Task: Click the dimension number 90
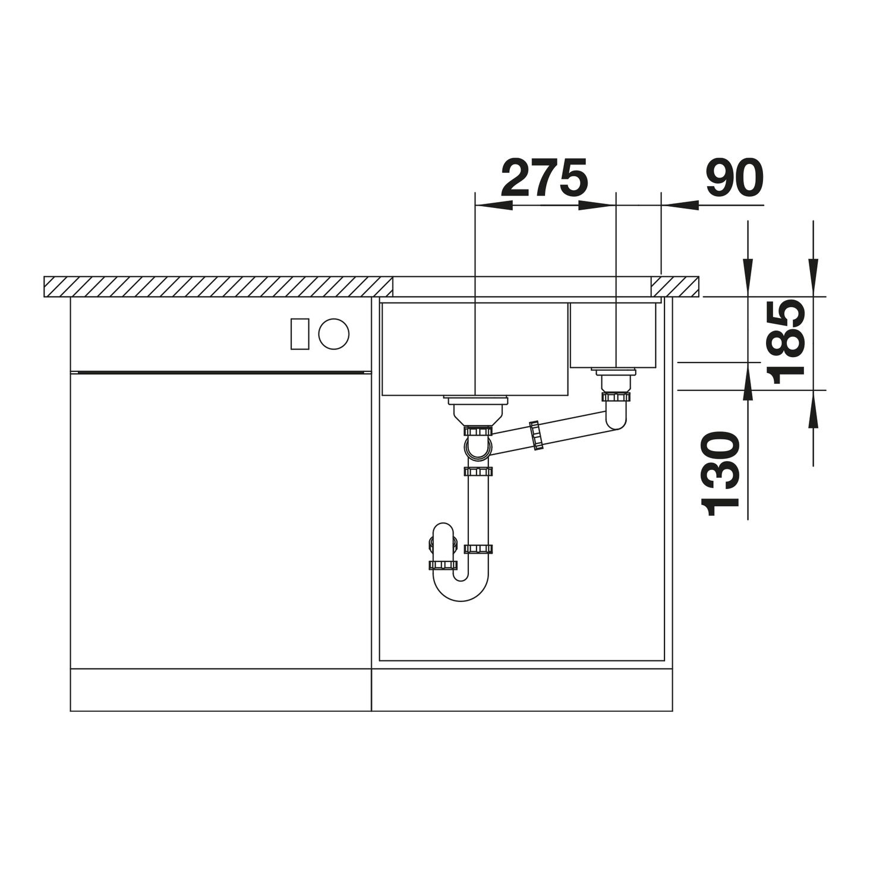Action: click(735, 178)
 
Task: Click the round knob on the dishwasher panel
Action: click(333, 333)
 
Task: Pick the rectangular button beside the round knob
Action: click(300, 333)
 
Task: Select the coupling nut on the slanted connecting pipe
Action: click(537, 435)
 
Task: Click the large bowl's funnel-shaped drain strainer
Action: click(476, 410)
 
